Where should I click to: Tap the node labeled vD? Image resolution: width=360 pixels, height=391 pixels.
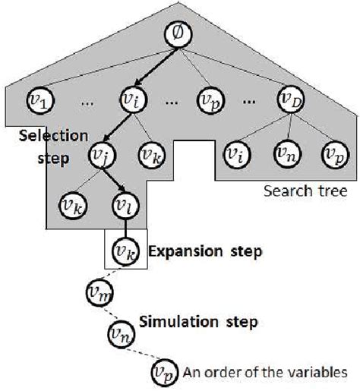(x=290, y=99)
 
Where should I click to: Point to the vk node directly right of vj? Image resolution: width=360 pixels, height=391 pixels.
(x=149, y=157)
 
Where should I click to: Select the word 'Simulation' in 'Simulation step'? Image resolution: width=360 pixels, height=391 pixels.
(x=182, y=322)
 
